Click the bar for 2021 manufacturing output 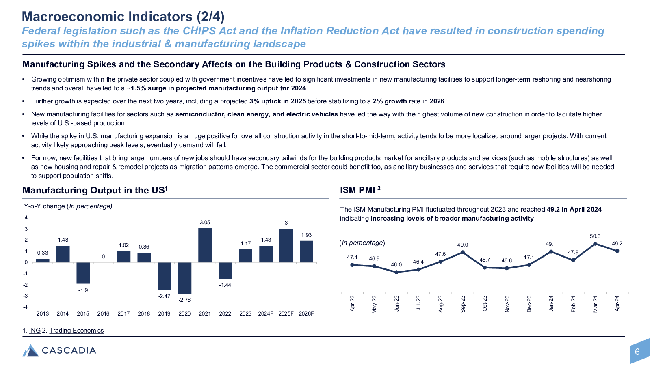pos(205,245)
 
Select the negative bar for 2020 pos(184,278)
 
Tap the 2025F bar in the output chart pos(286,246)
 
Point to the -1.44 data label pos(225,285)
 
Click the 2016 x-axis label pos(103,314)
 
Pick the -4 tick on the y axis pos(26,307)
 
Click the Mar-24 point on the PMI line pos(595,244)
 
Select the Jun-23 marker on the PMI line pos(396,272)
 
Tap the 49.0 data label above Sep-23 pos(463,245)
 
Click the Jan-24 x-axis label pos(551,304)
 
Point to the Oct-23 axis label pos(485,304)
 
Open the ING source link pos(35,331)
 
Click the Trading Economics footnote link pos(76,331)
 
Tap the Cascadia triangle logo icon pos(30,350)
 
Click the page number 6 pos(637,352)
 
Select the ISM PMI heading pos(360,190)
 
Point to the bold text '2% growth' pos(390,101)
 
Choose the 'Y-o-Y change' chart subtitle pos(44,206)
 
